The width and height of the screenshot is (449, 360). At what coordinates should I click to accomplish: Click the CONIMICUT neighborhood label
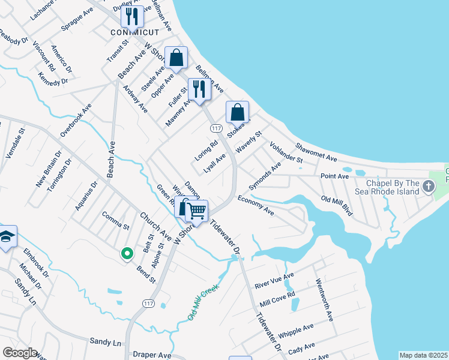coord(135,32)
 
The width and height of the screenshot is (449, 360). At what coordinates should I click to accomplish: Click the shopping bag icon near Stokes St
coord(237,112)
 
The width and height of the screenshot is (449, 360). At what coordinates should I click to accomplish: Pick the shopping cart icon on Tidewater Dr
coord(197,211)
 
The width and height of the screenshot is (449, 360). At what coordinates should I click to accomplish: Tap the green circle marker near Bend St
coord(127,254)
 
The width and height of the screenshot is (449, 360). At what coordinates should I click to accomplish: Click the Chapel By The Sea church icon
coord(428,186)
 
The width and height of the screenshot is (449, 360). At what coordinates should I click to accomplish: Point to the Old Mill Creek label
coord(203,302)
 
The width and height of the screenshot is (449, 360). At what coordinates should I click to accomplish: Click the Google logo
coord(19,353)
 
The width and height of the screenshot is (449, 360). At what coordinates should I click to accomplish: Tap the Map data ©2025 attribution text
coord(423,355)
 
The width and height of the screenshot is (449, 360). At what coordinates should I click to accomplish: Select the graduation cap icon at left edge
coord(7,237)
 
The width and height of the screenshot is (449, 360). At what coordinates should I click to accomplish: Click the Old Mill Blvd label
coord(337,206)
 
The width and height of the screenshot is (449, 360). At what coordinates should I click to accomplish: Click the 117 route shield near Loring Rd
coord(217,128)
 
